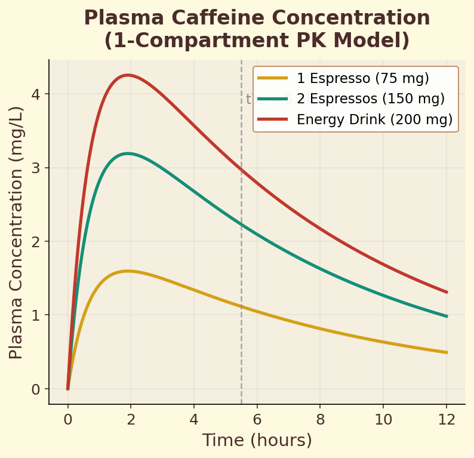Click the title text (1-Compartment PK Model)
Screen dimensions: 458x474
tap(257, 41)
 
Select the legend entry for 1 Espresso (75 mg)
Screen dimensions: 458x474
tap(362, 78)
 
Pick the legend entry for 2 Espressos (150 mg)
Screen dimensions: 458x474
tap(370, 99)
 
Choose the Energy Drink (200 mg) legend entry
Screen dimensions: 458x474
tap(374, 119)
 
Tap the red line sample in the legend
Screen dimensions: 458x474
tap(273, 119)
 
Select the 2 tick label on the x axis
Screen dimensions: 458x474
tap(131, 419)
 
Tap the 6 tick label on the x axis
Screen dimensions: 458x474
tap(257, 419)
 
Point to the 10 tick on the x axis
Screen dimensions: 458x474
tap(383, 419)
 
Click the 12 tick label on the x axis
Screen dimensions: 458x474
tap(447, 419)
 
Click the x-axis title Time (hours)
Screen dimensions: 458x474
tap(257, 441)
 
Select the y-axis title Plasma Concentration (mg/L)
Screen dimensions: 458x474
tap(16, 232)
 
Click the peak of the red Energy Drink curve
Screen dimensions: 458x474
tap(127, 75)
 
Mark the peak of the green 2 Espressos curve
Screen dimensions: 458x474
tap(127, 153)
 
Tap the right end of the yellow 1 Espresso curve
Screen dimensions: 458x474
tap(447, 352)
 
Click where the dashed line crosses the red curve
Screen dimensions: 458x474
tap(241, 170)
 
